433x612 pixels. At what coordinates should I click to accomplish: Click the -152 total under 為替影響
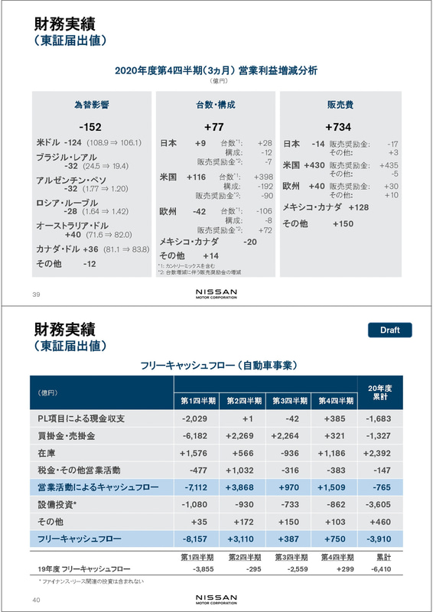[x=90, y=127]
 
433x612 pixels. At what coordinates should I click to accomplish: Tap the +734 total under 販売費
[x=337, y=127]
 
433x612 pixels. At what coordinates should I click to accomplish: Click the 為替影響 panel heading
[x=90, y=104]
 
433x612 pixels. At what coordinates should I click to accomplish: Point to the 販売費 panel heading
[x=337, y=104]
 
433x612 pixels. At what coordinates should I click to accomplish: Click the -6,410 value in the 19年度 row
[x=379, y=569]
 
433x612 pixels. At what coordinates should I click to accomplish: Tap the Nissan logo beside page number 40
[x=216, y=597]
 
